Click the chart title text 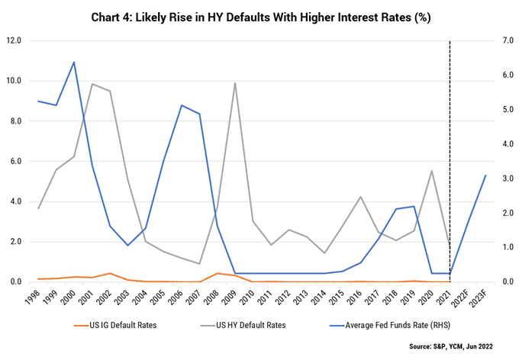[x=261, y=18]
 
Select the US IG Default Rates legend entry [x=115, y=325]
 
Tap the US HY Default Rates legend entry [x=243, y=325]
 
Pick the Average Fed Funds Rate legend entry [x=390, y=325]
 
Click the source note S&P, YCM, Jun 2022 [x=451, y=346]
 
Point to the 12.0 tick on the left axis [x=14, y=40]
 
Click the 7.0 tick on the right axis [x=508, y=40]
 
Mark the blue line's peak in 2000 [x=74, y=62]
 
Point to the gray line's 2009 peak [x=234, y=82]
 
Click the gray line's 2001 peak [x=92, y=84]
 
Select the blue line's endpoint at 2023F [x=485, y=175]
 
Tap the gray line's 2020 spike [x=432, y=170]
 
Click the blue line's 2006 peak [x=182, y=105]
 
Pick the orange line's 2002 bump [x=110, y=273]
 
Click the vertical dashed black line [x=450, y=161]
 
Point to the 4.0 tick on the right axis [x=508, y=144]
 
